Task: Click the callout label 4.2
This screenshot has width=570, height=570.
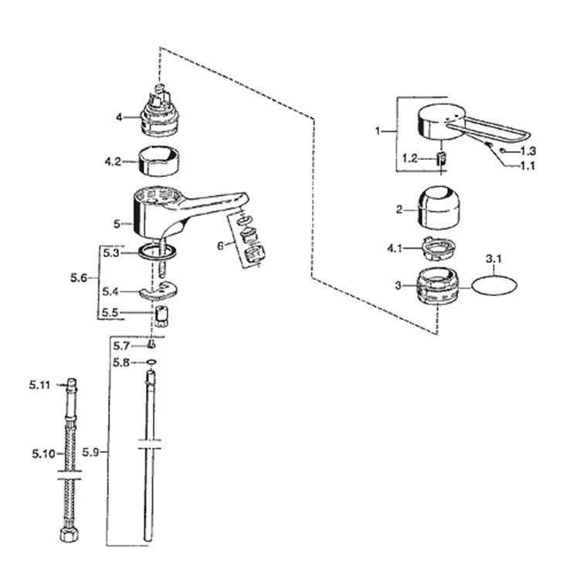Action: click(113, 161)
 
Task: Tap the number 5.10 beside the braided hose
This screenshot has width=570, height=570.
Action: click(43, 453)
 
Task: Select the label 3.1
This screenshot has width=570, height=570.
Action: click(494, 260)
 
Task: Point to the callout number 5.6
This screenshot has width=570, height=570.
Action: click(79, 278)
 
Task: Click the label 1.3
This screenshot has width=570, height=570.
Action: click(528, 151)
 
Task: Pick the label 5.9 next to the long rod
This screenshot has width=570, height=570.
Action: click(90, 453)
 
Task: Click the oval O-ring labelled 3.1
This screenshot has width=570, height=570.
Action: click(494, 286)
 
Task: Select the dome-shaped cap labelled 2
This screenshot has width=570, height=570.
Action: click(439, 208)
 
